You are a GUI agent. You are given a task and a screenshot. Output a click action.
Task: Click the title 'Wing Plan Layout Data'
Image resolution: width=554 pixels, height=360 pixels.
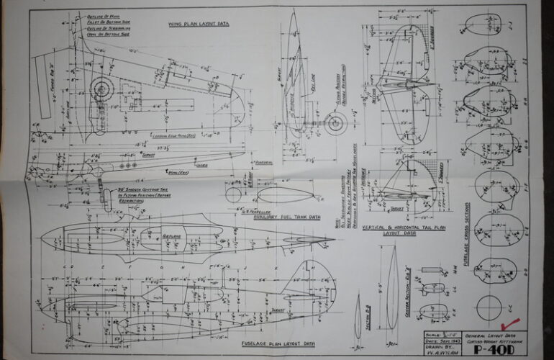199,24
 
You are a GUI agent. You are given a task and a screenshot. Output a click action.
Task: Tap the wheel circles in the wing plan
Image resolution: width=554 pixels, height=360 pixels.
102,89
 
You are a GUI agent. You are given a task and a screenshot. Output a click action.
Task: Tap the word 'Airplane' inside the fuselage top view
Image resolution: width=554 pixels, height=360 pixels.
173,235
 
